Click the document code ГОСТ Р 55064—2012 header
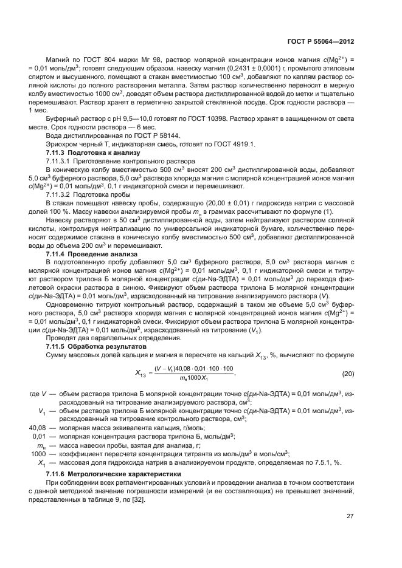[x=321, y=42]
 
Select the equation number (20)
[x=348, y=390]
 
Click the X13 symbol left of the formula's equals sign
[x=139, y=392]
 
